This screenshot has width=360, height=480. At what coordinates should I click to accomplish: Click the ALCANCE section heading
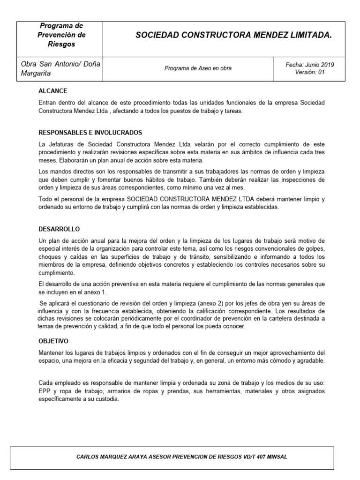tap(52, 91)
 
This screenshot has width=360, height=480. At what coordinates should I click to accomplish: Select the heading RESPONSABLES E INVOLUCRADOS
tap(90, 133)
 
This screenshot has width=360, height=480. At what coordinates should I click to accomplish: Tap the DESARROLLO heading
tap(59, 229)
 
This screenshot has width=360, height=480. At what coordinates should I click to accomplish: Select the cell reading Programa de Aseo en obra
tap(198, 68)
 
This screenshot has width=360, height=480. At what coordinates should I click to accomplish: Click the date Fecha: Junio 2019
tap(310, 65)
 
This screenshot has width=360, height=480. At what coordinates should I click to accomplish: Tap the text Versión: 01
tap(310, 72)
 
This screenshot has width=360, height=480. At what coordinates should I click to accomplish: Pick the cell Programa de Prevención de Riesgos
tap(61, 35)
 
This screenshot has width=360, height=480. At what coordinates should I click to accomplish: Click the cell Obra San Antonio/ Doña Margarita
tap(61, 68)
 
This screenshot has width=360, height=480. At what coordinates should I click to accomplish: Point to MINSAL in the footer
tap(277, 457)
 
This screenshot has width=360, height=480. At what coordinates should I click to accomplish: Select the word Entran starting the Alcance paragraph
tap(48, 102)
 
